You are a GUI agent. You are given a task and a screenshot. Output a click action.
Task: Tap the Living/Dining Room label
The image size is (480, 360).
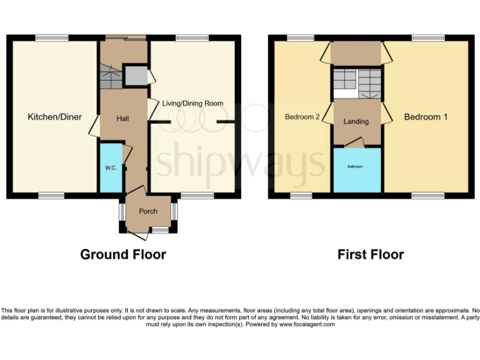[x=192, y=103]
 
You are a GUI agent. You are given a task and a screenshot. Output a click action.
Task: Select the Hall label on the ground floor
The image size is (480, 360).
[x=123, y=118]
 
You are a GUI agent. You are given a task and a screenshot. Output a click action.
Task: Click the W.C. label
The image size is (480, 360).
[x=111, y=168]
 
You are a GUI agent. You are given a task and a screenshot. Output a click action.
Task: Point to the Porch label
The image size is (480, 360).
[x=148, y=211]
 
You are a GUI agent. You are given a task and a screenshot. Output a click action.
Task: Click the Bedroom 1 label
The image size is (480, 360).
[x=426, y=117]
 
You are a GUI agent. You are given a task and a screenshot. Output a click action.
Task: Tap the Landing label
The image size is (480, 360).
[x=356, y=121]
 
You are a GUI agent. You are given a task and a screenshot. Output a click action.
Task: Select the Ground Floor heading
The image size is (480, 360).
[x=123, y=254]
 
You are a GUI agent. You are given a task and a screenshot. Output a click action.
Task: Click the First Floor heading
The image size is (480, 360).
[x=371, y=254]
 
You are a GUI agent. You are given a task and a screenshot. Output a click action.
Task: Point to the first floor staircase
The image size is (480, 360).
[x=356, y=83]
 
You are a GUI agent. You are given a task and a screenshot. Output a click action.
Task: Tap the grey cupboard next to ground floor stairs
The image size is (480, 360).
[x=134, y=76]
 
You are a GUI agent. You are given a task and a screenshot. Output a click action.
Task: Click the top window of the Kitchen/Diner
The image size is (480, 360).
[x=51, y=38]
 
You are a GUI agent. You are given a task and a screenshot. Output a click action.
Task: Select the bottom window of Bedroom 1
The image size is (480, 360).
[x=427, y=196]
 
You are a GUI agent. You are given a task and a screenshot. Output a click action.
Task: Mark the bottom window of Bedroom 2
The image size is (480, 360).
[x=301, y=196]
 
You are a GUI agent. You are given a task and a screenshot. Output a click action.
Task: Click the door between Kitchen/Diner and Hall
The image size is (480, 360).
[x=94, y=126]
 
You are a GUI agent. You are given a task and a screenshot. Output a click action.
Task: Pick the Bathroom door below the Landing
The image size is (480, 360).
[x=354, y=144]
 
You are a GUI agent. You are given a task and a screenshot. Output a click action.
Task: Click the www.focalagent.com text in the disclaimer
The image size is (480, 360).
[x=306, y=324]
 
